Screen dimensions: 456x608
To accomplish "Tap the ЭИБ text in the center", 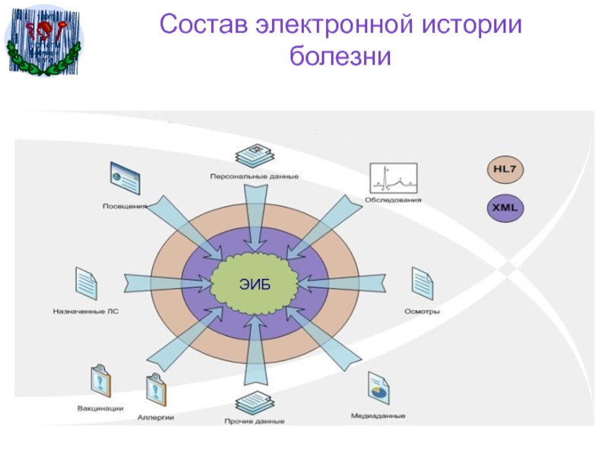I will point(255,283).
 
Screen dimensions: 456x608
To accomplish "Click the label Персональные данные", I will point(255,177).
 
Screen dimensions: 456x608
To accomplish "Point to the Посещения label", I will point(125,205).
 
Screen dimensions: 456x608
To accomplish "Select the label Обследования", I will point(393,201).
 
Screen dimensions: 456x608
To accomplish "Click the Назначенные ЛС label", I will point(85,311).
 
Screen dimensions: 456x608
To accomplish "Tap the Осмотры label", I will point(423,311).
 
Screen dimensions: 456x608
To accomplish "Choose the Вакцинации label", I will point(100,407).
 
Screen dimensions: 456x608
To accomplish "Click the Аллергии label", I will point(157,416).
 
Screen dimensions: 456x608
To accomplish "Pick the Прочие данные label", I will point(255,421).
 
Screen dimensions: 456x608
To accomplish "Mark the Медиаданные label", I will point(378,416).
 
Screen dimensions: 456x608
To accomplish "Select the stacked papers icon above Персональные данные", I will point(255,156).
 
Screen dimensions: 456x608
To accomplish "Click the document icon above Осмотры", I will point(422,283).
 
